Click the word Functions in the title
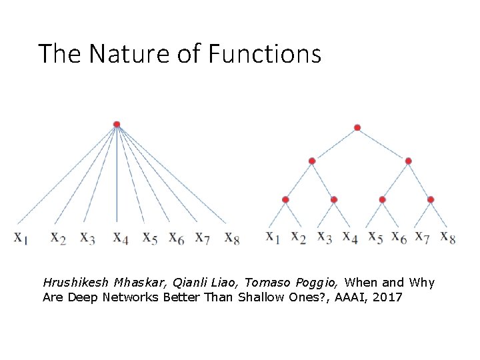265,53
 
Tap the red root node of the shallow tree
117,124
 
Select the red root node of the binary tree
357,127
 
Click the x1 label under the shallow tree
20,237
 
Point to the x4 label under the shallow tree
121,237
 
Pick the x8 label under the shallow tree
232,237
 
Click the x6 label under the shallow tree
177,237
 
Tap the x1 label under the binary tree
273,237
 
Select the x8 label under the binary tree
448,237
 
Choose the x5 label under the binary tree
376,237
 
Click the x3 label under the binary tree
325,237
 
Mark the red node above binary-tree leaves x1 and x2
285,199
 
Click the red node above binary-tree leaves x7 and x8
431,199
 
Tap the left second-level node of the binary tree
312,161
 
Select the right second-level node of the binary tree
408,161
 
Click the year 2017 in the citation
387,297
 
